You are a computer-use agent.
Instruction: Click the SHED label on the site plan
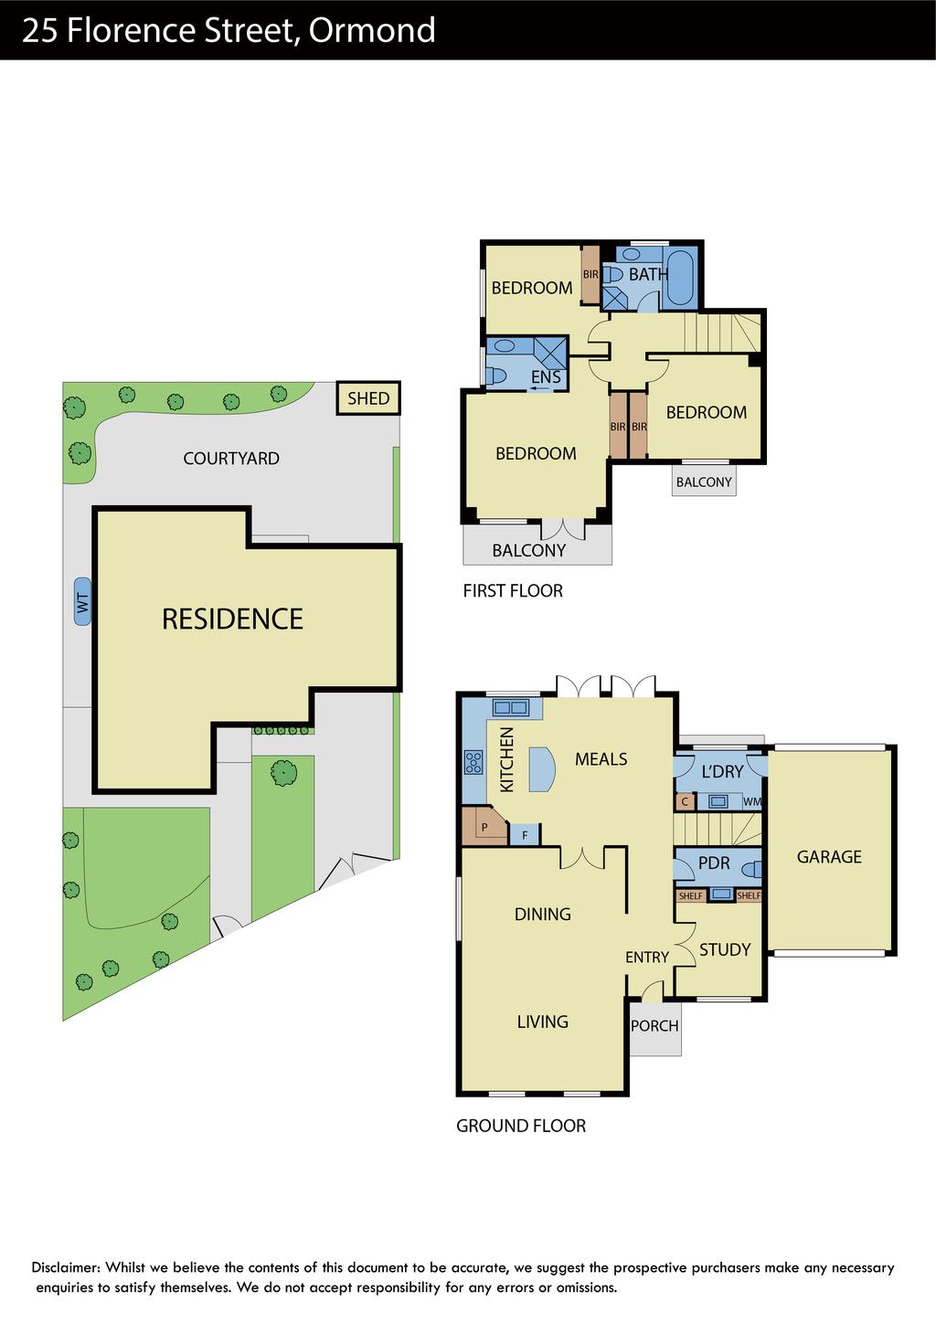tap(368, 398)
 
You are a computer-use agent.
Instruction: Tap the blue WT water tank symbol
tap(83, 602)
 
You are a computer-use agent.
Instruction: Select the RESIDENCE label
tap(232, 619)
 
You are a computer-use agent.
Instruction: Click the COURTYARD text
tap(231, 458)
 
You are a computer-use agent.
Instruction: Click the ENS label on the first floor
tap(546, 376)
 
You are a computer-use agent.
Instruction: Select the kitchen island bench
tap(542, 769)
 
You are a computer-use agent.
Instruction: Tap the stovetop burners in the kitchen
tap(473, 762)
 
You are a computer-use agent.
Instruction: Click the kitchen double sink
tap(511, 707)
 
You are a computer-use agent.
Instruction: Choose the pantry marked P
tap(484, 826)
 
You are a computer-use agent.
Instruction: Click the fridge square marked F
tap(524, 834)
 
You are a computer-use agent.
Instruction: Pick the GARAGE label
tap(829, 856)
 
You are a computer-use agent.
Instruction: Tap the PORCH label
tap(654, 1025)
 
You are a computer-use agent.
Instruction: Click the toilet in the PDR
tap(751, 870)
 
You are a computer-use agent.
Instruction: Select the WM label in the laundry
tap(752, 802)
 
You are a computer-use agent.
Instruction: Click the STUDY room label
tap(725, 950)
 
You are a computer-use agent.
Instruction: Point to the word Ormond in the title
tap(372, 30)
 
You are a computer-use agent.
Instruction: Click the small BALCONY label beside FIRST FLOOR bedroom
tap(704, 482)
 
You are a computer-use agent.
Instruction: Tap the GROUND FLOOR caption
tap(521, 1126)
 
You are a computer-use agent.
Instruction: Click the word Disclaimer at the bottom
tap(66, 1267)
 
